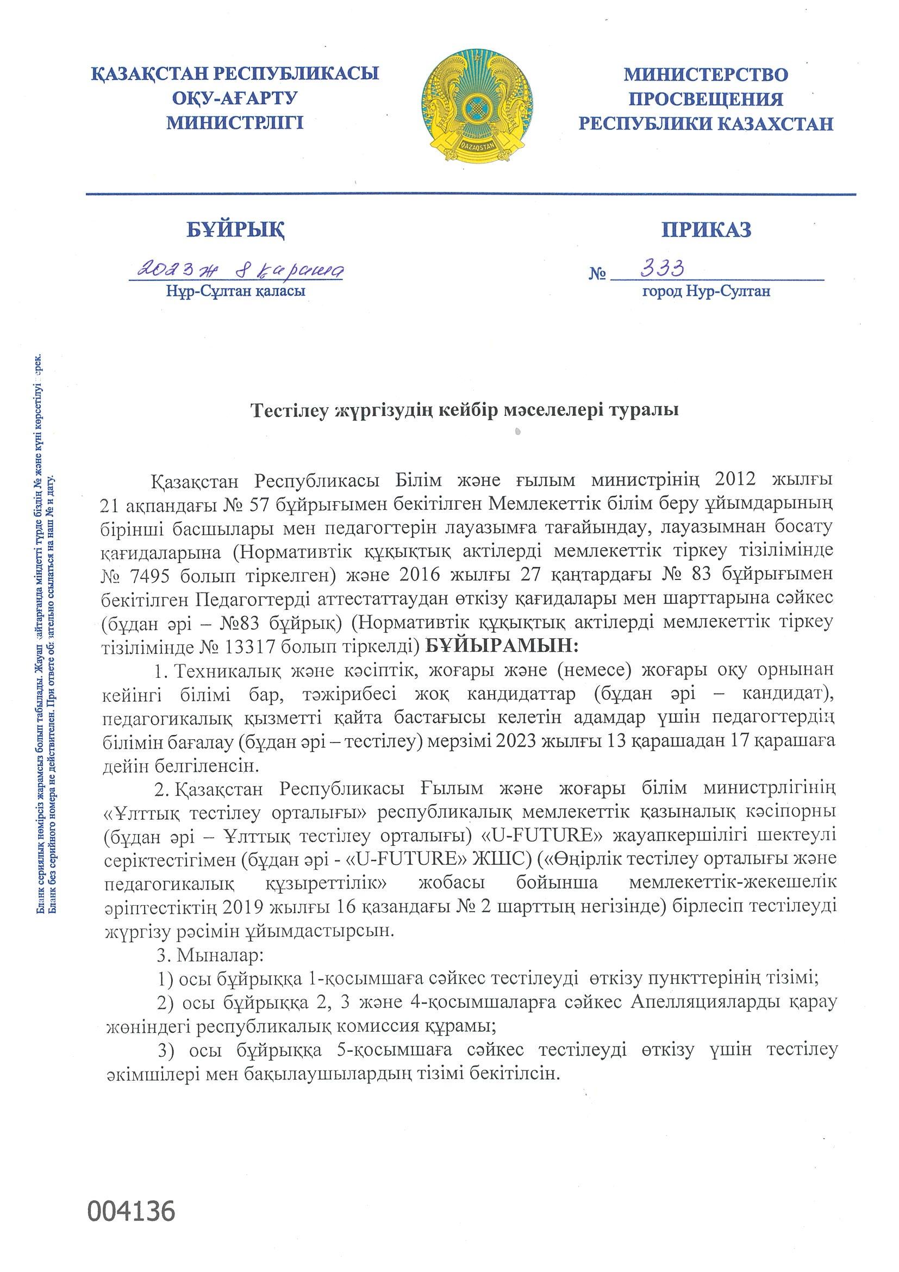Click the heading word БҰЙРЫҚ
pyautogui.click(x=236, y=229)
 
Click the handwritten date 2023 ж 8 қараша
pyautogui.click(x=235, y=271)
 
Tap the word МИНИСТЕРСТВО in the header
pyautogui.click(x=706, y=74)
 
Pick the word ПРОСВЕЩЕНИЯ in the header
pyautogui.click(x=706, y=98)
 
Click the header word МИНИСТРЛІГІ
pyautogui.click(x=236, y=122)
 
